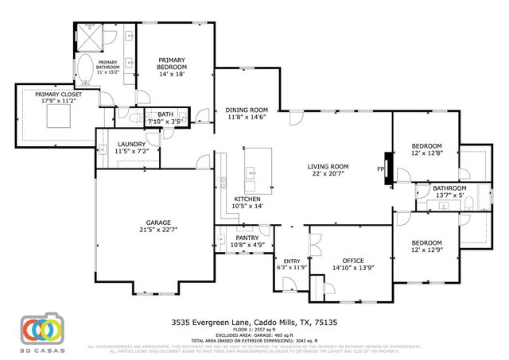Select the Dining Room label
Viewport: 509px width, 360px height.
pyautogui.click(x=247, y=113)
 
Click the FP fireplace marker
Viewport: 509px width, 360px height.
pyautogui.click(x=380, y=168)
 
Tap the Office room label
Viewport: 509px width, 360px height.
pyautogui.click(x=352, y=264)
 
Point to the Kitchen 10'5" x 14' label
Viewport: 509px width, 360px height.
pyautogui.click(x=247, y=202)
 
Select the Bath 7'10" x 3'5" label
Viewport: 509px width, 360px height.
pyautogui.click(x=165, y=118)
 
